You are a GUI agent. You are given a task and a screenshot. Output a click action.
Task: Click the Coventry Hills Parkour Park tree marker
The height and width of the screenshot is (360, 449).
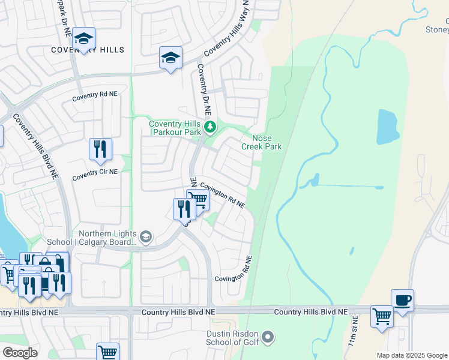pos(209,127)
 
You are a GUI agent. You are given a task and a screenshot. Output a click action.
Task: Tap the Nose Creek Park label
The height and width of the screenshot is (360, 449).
pos(261,142)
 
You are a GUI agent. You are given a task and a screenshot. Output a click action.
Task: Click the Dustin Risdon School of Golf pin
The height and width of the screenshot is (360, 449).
pos(268,337)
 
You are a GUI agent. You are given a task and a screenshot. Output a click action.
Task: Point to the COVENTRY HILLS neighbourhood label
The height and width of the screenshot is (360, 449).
pos(88,50)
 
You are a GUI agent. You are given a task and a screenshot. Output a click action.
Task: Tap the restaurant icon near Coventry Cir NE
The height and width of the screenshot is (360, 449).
pos(100,149)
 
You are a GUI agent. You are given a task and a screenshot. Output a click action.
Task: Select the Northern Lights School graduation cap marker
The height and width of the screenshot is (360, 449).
pos(146,237)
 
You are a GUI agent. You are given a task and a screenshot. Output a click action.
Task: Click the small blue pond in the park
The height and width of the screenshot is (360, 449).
pos(387,126)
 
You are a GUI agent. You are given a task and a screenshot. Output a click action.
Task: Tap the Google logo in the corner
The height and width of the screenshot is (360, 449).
pos(20,353)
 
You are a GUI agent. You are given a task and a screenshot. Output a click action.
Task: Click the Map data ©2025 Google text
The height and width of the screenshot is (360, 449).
pos(412,355)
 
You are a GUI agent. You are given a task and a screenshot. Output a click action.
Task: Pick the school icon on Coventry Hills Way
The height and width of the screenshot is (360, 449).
pos(170,58)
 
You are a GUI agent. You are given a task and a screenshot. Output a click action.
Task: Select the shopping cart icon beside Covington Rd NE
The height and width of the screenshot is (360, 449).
pos(197,199)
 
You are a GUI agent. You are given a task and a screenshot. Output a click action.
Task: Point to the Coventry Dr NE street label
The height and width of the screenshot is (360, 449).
pos(203,90)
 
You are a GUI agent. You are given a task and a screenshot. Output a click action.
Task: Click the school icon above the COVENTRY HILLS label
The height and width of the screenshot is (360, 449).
pos(84,39)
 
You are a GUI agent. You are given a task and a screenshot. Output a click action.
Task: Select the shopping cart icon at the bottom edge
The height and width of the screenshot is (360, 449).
pos(107,353)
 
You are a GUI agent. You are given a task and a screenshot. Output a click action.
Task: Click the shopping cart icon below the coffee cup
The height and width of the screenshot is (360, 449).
pos(382,316)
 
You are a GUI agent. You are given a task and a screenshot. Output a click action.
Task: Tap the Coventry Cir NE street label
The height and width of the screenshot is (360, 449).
pos(95,171)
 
